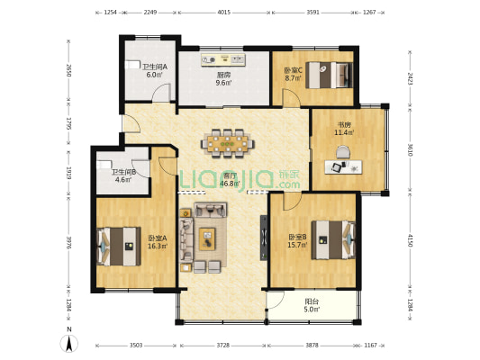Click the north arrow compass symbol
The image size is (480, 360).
click(x=69, y=344)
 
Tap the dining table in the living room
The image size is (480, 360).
click(x=228, y=143)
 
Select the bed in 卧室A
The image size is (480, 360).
click(x=119, y=247)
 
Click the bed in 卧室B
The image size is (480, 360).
click(x=333, y=240)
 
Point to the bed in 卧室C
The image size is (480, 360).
click(x=330, y=75)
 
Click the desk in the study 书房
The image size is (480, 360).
click(x=343, y=167)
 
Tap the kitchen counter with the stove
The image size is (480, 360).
click(x=223, y=59)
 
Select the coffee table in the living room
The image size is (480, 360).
click(x=207, y=238)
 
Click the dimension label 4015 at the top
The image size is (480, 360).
click(x=223, y=13)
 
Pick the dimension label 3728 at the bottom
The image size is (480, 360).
click(x=222, y=346)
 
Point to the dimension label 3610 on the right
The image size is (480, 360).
click(x=410, y=150)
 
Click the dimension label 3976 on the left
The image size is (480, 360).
click(x=69, y=242)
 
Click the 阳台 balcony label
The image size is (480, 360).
click(x=312, y=301)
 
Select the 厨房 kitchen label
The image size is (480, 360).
click(x=223, y=75)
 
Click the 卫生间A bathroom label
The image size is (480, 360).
click(x=155, y=67)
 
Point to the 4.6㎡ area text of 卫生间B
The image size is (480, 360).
click(x=123, y=179)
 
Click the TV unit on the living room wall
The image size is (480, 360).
click(x=264, y=238)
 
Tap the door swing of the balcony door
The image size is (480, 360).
click(x=277, y=301)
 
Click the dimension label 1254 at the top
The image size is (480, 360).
click(x=111, y=13)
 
